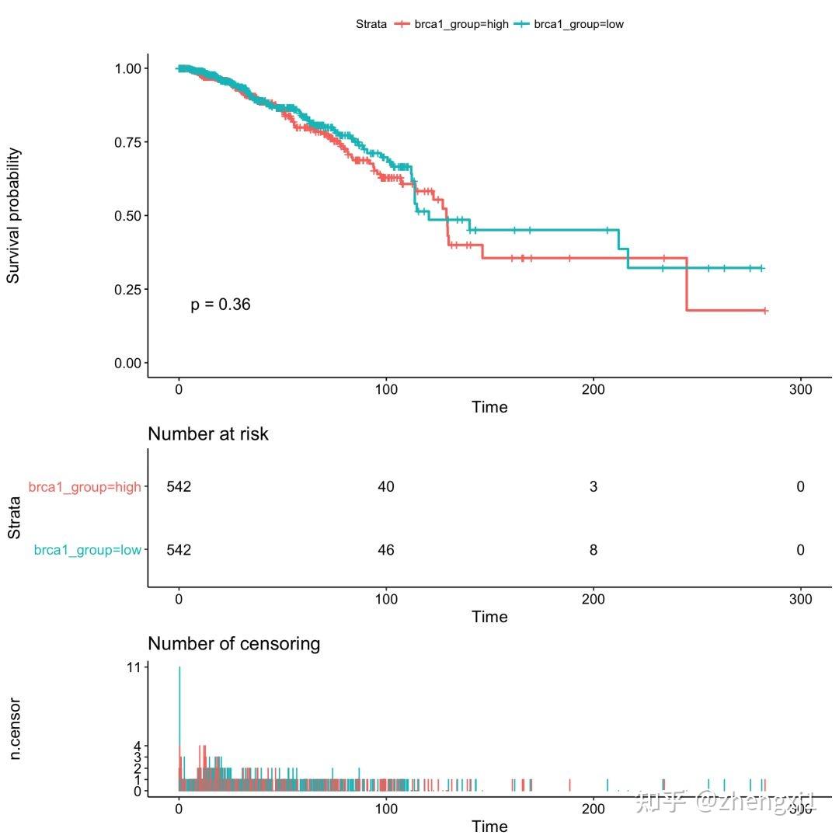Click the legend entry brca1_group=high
461,24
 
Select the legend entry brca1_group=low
579,24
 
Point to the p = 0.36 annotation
221,305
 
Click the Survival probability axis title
14,216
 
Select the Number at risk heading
208,433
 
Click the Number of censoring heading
234,643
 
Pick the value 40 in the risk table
386,487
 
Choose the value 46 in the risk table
386,550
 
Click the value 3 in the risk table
594,487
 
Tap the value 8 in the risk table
594,550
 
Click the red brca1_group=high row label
85,487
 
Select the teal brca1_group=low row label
88,550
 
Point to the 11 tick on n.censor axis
134,667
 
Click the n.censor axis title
14,728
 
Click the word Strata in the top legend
371,24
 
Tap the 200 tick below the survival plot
594,390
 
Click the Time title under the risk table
489,617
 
